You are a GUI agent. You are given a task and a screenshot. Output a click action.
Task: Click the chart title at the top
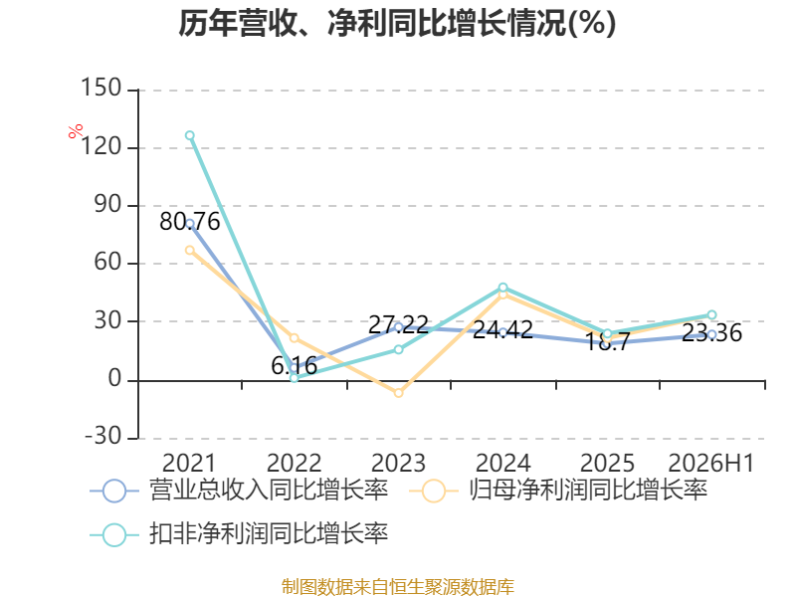397,23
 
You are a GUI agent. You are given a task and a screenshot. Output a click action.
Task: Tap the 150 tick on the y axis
101,88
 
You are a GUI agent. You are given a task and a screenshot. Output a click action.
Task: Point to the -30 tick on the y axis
103,436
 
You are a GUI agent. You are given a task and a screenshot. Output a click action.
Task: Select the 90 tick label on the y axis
107,204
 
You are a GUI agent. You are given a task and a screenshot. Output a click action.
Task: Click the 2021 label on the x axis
189,463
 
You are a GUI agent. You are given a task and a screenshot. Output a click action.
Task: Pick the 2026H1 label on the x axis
710,463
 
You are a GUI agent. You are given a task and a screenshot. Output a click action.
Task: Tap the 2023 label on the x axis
399,463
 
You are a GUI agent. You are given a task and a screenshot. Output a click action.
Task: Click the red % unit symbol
76,131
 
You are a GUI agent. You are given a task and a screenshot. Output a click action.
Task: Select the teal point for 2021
190,135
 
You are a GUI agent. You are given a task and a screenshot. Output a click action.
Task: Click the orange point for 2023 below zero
399,393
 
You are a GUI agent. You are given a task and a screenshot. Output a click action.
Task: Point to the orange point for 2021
190,251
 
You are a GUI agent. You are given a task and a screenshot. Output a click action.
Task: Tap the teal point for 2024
503,288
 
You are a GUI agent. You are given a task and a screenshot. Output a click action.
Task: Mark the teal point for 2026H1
711,315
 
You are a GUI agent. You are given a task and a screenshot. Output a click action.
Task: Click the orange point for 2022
295,338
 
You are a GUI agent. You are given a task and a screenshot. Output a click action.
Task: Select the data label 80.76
190,222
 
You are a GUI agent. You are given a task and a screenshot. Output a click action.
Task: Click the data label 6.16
295,366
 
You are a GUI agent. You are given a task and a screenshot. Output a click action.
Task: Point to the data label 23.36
711,333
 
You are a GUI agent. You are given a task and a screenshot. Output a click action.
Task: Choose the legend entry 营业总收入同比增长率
239,491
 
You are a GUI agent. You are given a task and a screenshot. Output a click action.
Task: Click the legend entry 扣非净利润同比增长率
239,534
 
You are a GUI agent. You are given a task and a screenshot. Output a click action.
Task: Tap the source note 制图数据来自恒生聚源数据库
398,587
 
